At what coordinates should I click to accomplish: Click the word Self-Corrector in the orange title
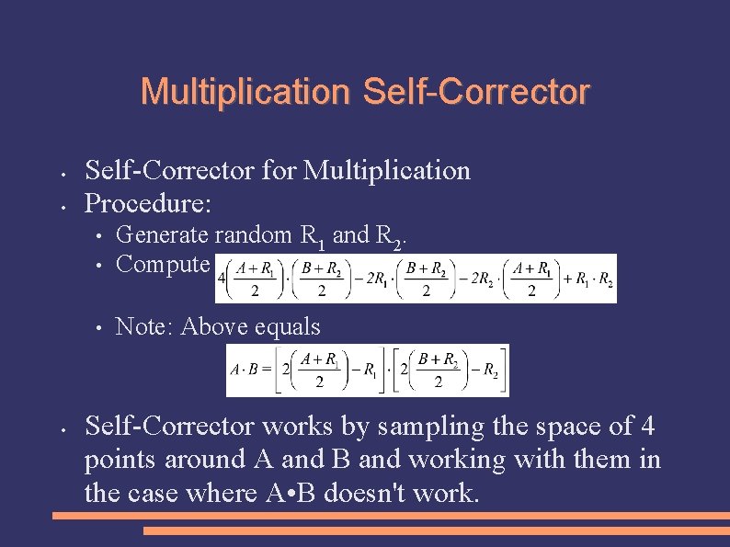pos(476,92)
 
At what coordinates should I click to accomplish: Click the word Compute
pos(163,264)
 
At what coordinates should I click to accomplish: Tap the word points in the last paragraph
pos(117,459)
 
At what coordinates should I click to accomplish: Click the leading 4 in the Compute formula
pos(222,279)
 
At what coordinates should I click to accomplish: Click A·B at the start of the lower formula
pos(244,371)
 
